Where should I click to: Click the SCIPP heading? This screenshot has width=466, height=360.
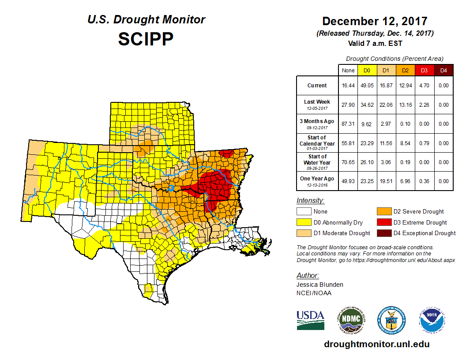point(146,39)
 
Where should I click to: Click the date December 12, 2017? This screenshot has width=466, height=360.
point(375,21)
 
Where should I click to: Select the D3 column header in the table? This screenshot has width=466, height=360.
point(424,71)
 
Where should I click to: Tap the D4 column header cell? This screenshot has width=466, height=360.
point(443,71)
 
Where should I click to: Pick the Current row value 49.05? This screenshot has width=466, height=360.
point(367,86)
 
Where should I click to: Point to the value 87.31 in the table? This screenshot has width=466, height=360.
point(348,124)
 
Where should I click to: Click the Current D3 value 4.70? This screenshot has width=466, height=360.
point(424,86)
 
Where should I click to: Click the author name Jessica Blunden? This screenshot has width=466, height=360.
point(320,285)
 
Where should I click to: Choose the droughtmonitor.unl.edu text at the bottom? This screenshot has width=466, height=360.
point(376,344)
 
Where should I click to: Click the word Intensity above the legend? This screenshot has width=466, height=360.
point(310,201)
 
